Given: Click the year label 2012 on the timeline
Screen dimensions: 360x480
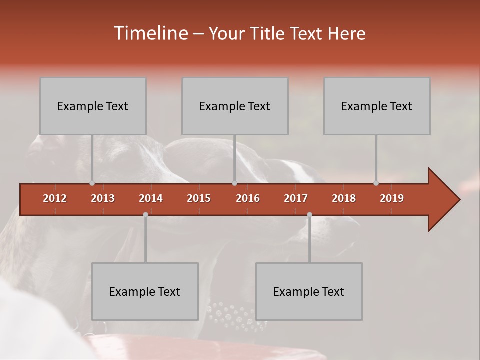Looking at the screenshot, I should tap(55, 198).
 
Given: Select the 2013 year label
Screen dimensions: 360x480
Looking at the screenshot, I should tap(103, 198).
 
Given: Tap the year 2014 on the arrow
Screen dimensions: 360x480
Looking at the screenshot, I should tap(151, 198).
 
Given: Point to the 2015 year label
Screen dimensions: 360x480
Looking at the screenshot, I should tap(199, 198).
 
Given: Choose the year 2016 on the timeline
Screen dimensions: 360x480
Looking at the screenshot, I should tap(248, 198).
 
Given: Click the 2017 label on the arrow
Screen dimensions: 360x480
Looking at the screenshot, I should tap(296, 198).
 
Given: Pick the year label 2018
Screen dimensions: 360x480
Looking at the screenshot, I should tap(344, 198).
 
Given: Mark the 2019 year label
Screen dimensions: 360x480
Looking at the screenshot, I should tap(392, 198).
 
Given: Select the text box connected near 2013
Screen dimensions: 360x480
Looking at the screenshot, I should tap(93, 106).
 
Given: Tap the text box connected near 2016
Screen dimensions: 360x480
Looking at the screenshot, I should tap(235, 106).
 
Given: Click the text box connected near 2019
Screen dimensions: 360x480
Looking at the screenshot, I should tap(377, 106).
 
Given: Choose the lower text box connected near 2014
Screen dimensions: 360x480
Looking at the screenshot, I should tap(145, 291).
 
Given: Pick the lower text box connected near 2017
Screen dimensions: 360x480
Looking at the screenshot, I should tap(309, 291).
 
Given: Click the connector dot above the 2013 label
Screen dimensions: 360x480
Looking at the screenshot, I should tap(92, 183).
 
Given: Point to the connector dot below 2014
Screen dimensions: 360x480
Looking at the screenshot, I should tap(145, 215).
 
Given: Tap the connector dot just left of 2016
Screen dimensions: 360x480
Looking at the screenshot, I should tap(234, 183).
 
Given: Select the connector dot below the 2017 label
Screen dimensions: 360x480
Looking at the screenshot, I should tap(309, 215).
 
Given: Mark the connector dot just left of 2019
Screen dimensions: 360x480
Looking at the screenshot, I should tap(376, 183).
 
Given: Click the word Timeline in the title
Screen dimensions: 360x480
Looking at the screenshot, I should tap(150, 33).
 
